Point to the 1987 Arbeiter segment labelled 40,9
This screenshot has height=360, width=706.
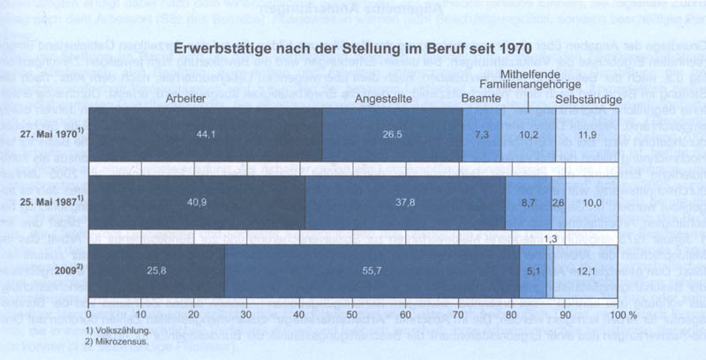point(197,203)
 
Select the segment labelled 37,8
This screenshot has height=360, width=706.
point(405,203)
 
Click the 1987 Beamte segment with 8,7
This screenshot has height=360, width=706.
point(528,203)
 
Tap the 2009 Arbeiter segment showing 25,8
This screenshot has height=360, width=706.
point(157,272)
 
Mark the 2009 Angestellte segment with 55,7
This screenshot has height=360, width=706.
point(372,272)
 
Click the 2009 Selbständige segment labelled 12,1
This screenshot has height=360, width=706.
point(585,272)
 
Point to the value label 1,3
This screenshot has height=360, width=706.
point(549,238)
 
